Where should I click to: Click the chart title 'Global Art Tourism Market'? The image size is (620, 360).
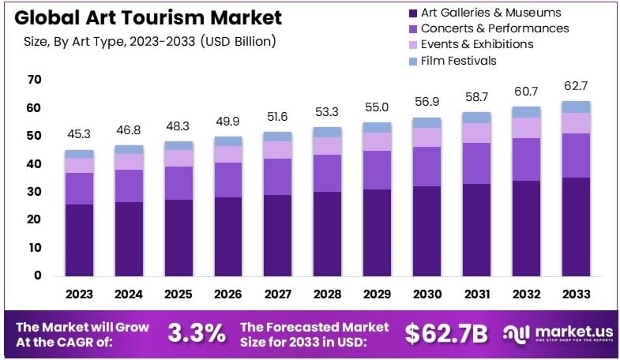click(142, 18)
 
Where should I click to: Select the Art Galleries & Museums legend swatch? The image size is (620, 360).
click(412, 13)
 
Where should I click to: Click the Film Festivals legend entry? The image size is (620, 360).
click(459, 60)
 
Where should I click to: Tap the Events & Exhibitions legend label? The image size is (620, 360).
click(479, 44)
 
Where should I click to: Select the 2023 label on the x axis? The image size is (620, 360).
click(79, 294)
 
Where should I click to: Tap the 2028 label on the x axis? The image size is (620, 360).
click(327, 294)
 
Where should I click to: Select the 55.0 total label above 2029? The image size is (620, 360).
click(377, 106)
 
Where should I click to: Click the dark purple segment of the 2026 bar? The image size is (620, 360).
click(228, 235)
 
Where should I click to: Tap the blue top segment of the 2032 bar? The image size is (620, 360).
click(526, 111)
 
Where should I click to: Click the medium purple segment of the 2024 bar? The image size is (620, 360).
click(129, 186)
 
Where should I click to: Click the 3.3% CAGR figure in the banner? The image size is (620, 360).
click(196, 333)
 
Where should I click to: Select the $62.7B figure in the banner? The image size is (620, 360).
click(446, 333)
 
